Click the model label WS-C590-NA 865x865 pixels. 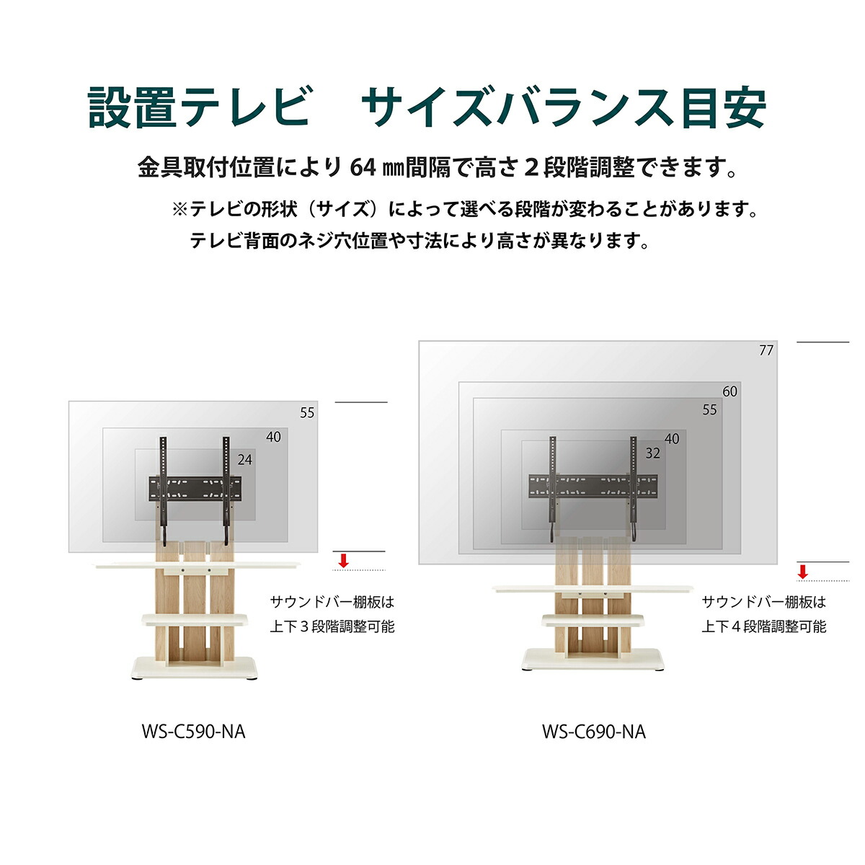(193, 732)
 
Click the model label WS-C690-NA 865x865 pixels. (594, 732)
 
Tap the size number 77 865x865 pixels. (766, 350)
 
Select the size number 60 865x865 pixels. (730, 391)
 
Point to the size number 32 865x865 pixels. (653, 453)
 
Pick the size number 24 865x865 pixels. (245, 460)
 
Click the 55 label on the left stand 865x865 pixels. (308, 413)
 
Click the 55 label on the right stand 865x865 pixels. (710, 409)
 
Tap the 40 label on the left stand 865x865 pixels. (274, 437)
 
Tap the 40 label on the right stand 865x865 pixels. (673, 438)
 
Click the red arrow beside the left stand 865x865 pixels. (344, 561)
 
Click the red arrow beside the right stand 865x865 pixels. (803, 572)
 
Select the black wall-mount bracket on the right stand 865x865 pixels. (593, 487)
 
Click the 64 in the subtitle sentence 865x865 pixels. (363, 168)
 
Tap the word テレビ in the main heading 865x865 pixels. (246, 108)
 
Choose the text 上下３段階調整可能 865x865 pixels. (332, 626)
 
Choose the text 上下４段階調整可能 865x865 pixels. (764, 626)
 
